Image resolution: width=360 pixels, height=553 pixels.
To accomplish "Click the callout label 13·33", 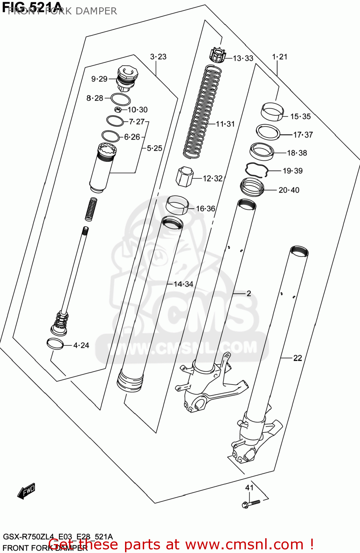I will (243, 58).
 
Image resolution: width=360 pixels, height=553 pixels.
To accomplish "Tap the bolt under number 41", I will (250, 503).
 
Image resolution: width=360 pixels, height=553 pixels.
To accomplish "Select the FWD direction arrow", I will (27, 491).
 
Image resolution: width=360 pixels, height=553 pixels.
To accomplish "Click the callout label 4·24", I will (81, 345).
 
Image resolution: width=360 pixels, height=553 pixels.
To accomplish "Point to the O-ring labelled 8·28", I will (120, 99).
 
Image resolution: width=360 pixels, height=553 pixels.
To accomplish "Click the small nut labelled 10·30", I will (118, 109).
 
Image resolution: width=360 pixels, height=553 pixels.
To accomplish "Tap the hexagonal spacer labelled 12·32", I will (184, 177).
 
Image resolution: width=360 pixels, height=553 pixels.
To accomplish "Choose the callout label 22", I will (298, 358).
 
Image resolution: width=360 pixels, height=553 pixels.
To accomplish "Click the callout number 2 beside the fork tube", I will (249, 293).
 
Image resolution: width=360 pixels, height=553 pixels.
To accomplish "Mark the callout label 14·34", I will (183, 284).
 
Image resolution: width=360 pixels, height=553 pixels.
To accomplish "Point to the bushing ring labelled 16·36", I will (177, 205).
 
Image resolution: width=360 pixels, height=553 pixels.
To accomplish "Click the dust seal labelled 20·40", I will (252, 187).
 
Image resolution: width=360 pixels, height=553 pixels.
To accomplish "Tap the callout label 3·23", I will (158, 57).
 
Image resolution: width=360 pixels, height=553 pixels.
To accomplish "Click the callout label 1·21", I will (280, 57).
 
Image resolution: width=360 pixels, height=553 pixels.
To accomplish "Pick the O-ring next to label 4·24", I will (55, 344).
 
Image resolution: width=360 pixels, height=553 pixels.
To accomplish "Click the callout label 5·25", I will (155, 148).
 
